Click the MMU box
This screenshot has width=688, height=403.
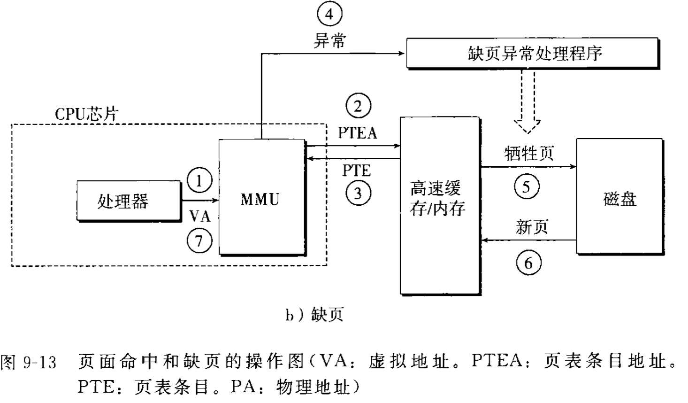tap(261, 197)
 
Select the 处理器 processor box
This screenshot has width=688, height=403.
tap(128, 201)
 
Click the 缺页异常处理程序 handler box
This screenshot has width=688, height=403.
tap(534, 53)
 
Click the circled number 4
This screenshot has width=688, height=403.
tap(329, 15)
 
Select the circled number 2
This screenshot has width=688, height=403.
tap(358, 107)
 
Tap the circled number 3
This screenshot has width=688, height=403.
tap(358, 193)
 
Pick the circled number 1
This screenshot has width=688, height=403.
tap(199, 181)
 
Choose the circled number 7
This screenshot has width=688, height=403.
tap(199, 241)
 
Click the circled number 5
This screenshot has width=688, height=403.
tap(527, 187)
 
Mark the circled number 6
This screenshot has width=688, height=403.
tap(528, 262)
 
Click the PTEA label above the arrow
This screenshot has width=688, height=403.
tap(358, 133)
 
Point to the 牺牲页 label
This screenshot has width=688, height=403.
tap(529, 153)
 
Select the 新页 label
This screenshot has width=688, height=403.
tap(532, 227)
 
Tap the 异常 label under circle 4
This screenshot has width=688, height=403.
tap(329, 41)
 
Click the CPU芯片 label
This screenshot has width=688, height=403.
tap(86, 114)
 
